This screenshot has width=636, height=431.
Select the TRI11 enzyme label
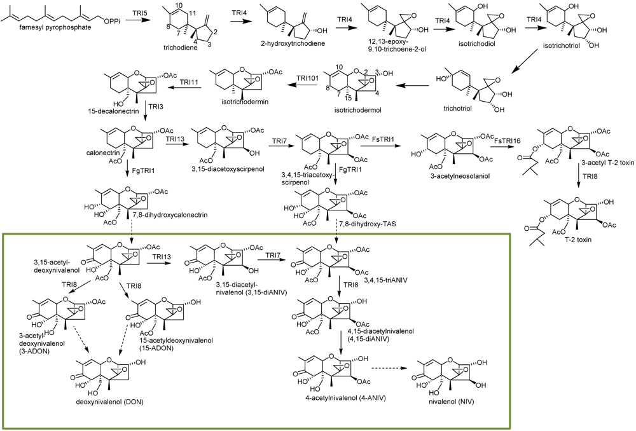(x=189, y=82)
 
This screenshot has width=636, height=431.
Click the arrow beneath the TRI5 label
(x=135, y=21)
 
